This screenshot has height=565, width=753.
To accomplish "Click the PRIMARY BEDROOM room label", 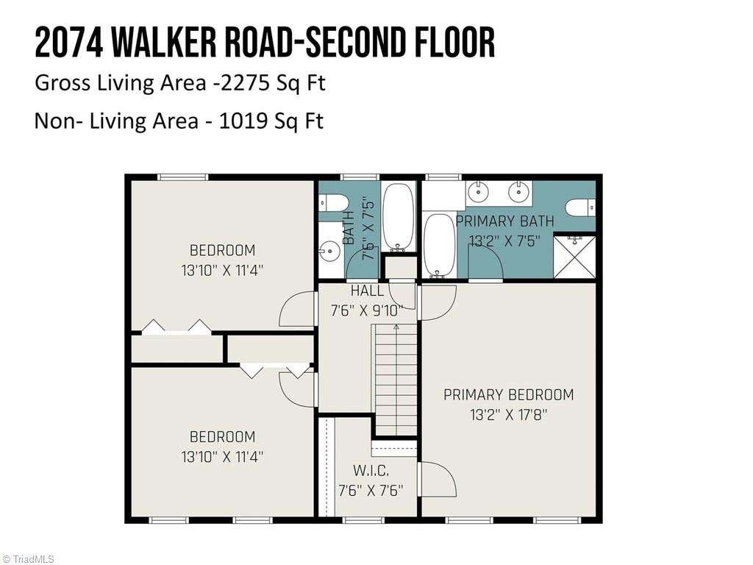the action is click(x=509, y=395).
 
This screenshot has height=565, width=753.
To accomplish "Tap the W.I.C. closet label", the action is click(x=371, y=470).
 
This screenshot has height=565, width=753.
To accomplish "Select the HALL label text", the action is click(x=368, y=291).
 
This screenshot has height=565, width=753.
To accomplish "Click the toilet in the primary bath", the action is click(x=580, y=208).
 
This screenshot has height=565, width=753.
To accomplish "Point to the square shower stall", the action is click(x=575, y=257).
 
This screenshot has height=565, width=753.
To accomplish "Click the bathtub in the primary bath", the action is click(x=440, y=246).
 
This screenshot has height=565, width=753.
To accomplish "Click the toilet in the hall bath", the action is click(x=334, y=203).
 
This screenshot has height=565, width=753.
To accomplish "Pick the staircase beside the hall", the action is click(x=396, y=380).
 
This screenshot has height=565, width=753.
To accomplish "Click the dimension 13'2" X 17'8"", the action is click(x=509, y=414).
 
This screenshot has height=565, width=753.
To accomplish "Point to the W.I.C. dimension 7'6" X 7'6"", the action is click(x=371, y=491).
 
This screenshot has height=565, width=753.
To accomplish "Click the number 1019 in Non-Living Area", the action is click(x=243, y=121).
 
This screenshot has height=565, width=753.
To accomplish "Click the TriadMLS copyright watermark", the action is click(x=28, y=559).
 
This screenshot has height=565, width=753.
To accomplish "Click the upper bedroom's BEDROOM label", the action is click(x=222, y=250).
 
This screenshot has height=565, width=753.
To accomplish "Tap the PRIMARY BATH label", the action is click(x=504, y=221).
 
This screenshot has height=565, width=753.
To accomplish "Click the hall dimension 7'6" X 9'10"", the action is click(x=366, y=310).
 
